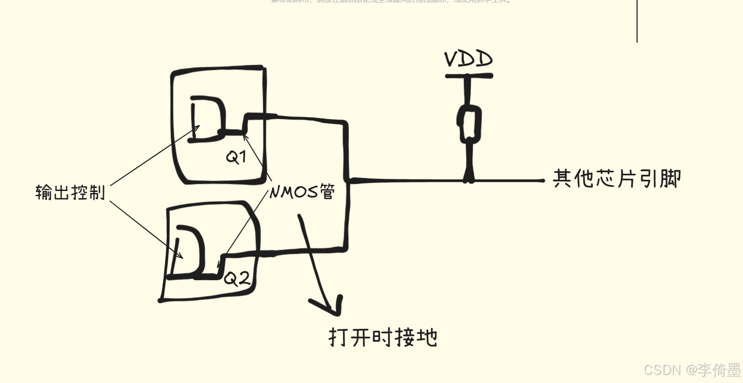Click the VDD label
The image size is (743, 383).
(468, 59)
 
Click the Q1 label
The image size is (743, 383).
(236, 157)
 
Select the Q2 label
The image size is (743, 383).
(237, 278)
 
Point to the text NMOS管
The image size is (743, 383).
(302, 192)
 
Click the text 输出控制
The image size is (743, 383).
(70, 193)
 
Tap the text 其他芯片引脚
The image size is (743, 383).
(617, 179)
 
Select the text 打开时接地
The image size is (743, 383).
(383, 337)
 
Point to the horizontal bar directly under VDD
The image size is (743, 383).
(469, 76)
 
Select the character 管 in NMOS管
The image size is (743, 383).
(327, 192)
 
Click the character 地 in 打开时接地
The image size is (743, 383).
(426, 337)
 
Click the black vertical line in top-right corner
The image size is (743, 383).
(637, 20)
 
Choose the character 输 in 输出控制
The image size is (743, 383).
(44, 193)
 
